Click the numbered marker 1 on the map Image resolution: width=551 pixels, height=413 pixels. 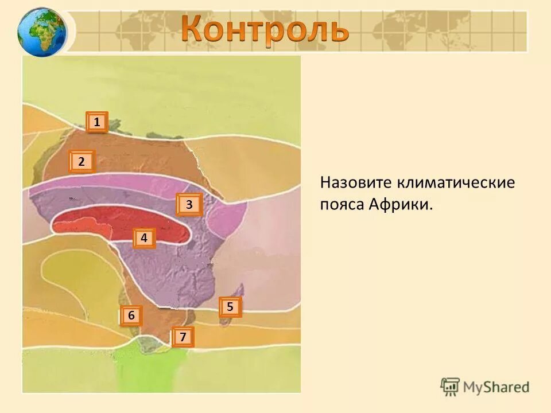pyautogui.click(x=97, y=122)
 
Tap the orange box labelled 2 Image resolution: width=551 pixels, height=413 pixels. pyautogui.click(x=82, y=162)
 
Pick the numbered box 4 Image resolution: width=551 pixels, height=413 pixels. pyautogui.click(x=144, y=237)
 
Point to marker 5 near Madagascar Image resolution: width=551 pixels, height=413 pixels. pyautogui.click(x=230, y=307)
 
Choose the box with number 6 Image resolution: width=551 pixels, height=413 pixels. pyautogui.click(x=131, y=315)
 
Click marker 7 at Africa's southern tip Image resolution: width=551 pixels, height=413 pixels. pyautogui.click(x=183, y=337)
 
